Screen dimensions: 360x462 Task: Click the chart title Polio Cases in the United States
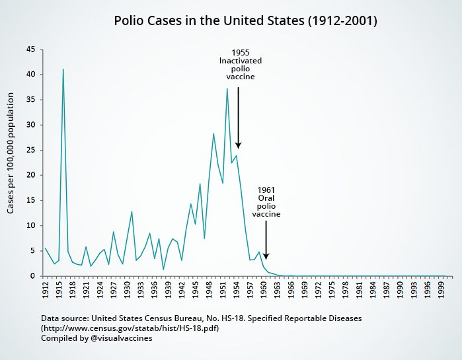[x=245, y=21]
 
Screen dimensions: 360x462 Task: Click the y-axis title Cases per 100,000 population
[x=11, y=162]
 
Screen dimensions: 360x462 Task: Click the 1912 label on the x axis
[x=45, y=289]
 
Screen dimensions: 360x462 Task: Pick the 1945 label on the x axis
[x=196, y=289]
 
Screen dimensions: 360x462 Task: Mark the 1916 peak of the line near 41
[x=63, y=69]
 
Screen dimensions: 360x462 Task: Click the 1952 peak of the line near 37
[x=227, y=89]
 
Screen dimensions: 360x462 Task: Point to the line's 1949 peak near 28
[x=213, y=134]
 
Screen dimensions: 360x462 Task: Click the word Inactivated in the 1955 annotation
[x=241, y=61]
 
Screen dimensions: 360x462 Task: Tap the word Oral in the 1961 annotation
[x=266, y=198]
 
